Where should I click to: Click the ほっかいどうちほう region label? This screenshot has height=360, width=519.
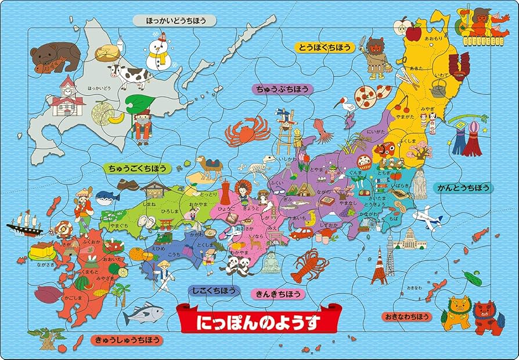[174, 21]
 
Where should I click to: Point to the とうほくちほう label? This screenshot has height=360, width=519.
[325, 47]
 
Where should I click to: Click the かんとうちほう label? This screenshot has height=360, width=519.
[463, 188]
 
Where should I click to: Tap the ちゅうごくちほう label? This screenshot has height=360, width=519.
[135, 168]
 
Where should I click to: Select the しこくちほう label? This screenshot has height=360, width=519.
[214, 289]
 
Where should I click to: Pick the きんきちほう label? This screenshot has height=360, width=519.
[277, 294]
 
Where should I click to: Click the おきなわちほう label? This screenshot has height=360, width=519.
[406, 316]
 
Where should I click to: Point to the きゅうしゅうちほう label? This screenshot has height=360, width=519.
[126, 340]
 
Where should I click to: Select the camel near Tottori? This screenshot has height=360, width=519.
[210, 167]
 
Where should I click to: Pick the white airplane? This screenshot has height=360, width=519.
[427, 219]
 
